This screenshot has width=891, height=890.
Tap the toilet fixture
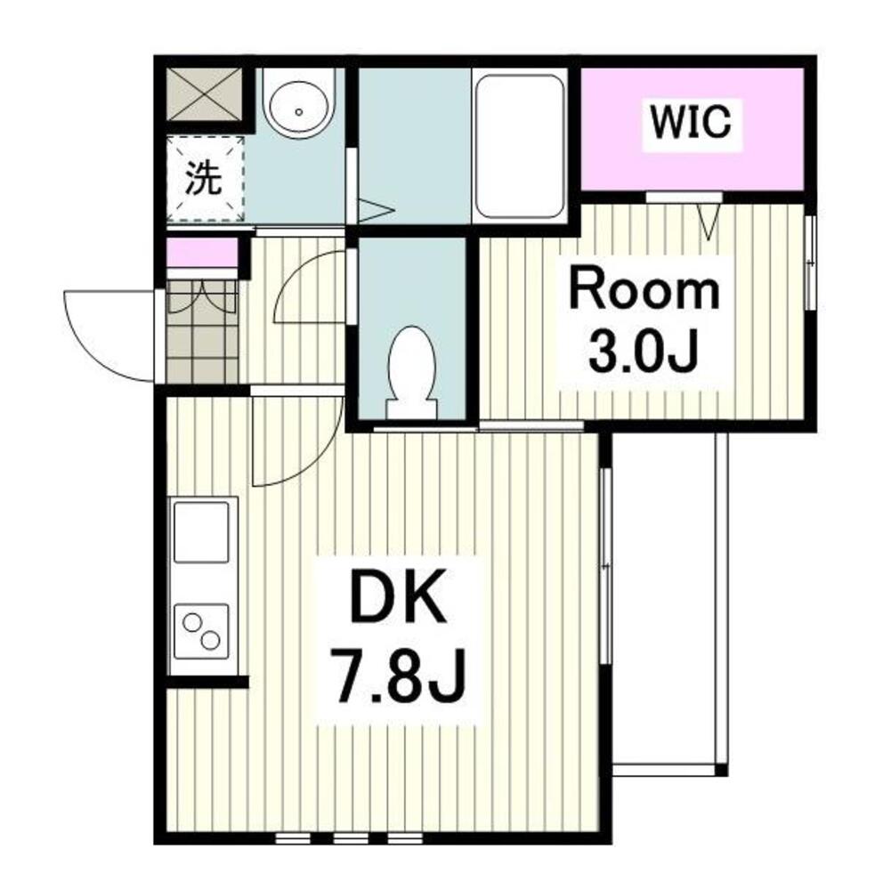(412, 372)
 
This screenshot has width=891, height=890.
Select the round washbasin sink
(299, 105)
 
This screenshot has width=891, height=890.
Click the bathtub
(519, 146)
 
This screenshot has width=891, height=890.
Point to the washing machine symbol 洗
(204, 179)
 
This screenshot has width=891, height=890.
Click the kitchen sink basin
(201, 532)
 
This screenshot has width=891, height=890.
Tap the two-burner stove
(201, 631)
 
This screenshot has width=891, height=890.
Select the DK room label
(398, 597)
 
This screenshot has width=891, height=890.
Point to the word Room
(644, 292)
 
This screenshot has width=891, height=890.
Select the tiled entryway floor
(202, 332)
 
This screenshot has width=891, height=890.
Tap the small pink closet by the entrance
(202, 253)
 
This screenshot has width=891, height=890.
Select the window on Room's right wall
(811, 263)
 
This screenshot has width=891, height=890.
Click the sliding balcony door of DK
(606, 565)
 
